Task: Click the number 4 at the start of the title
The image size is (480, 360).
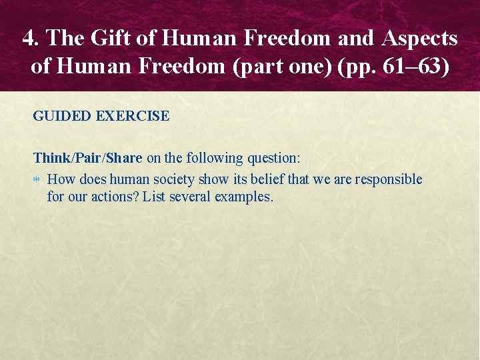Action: (x=28, y=39)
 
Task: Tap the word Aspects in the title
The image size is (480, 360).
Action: (x=420, y=39)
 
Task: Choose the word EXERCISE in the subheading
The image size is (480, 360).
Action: (x=133, y=116)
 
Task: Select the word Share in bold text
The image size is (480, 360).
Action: (x=124, y=158)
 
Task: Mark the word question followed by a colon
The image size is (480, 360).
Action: (x=273, y=158)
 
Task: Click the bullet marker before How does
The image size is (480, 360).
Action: (x=37, y=180)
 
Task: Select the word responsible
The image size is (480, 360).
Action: (x=389, y=179)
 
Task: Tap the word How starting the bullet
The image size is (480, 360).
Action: (x=61, y=179)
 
